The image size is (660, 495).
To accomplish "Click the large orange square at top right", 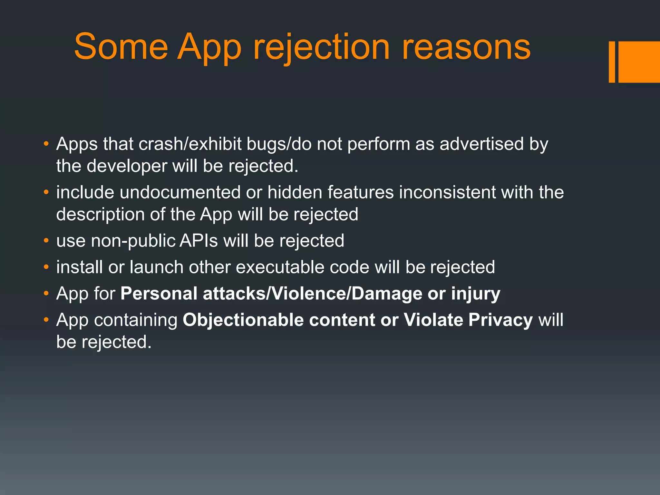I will [639, 62].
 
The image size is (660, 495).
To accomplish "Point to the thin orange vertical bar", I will [612, 62].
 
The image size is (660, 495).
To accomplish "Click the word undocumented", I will [180, 192].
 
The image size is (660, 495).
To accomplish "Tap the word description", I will [100, 215].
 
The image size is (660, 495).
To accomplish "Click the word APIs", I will [199, 241].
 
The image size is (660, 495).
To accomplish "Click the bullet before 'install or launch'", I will [46, 267].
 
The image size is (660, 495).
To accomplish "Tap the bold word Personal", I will [159, 294].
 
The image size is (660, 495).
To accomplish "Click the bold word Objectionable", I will [243, 320].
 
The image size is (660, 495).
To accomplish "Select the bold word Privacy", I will [500, 320].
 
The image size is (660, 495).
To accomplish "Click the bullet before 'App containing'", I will [46, 320].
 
